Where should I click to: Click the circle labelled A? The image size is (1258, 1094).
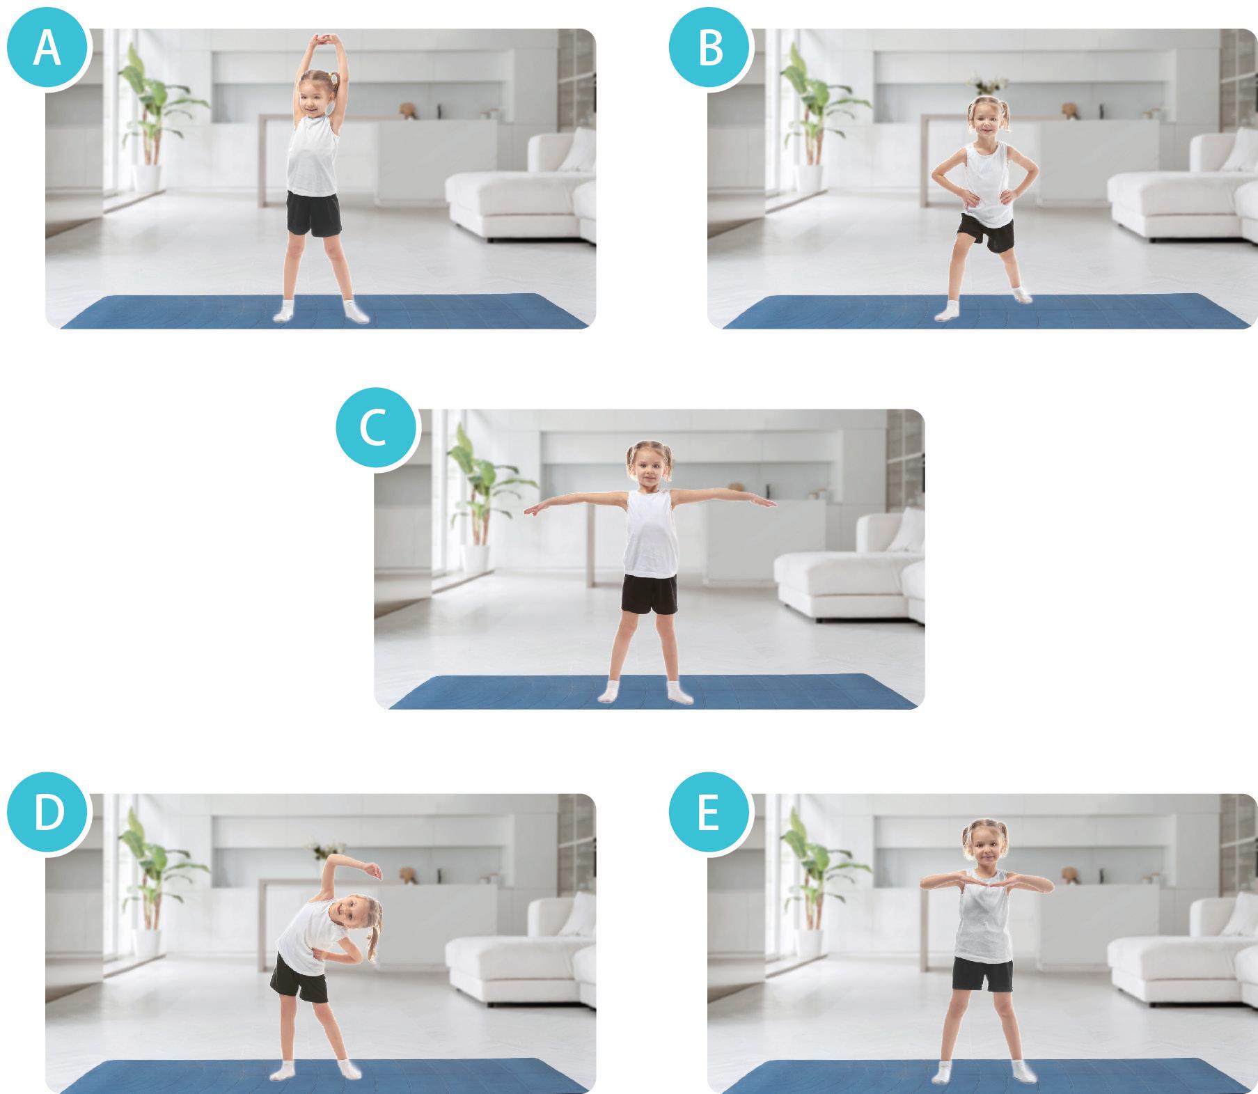click(47, 49)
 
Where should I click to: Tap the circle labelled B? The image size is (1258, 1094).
click(710, 49)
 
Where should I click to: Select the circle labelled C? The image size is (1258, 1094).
click(377, 429)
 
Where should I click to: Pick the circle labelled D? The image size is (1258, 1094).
click(47, 813)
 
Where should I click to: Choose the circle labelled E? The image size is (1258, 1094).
click(710, 813)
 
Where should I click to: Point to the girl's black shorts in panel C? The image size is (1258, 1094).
click(649, 594)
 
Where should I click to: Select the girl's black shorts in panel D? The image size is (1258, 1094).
click(299, 979)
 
